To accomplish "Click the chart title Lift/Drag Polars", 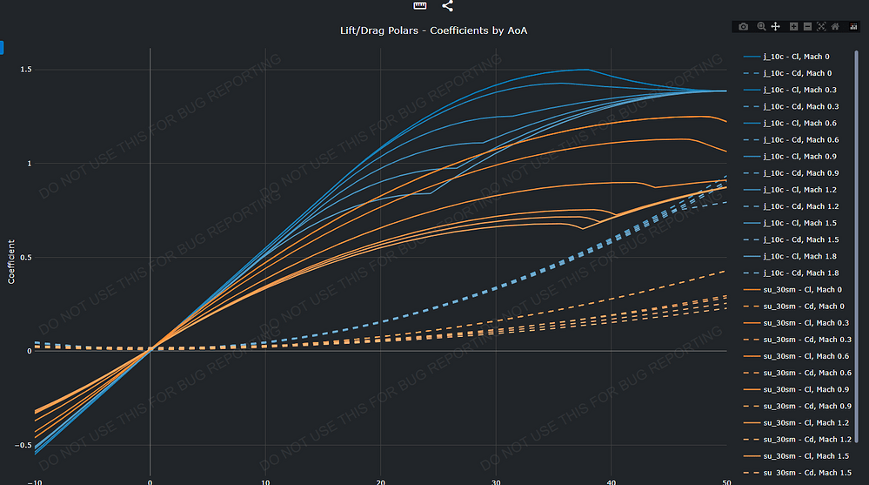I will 434,30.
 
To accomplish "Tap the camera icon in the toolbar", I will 743,27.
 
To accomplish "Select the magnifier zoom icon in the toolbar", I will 761,27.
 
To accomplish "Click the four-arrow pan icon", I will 776,27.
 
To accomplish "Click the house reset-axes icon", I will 835,27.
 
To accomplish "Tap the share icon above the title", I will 448,6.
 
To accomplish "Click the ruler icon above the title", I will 420,6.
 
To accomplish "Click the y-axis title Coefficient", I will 11,262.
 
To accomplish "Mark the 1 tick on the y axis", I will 29,163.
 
